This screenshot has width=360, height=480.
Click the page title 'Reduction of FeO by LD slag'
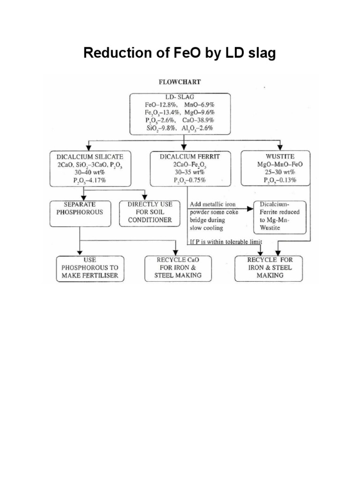(180, 54)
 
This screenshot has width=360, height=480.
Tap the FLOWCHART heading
(180, 82)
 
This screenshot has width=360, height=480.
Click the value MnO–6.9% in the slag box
(202, 105)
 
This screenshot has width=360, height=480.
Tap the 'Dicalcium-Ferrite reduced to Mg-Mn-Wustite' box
(279, 217)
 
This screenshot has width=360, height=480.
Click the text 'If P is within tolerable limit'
(225, 241)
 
